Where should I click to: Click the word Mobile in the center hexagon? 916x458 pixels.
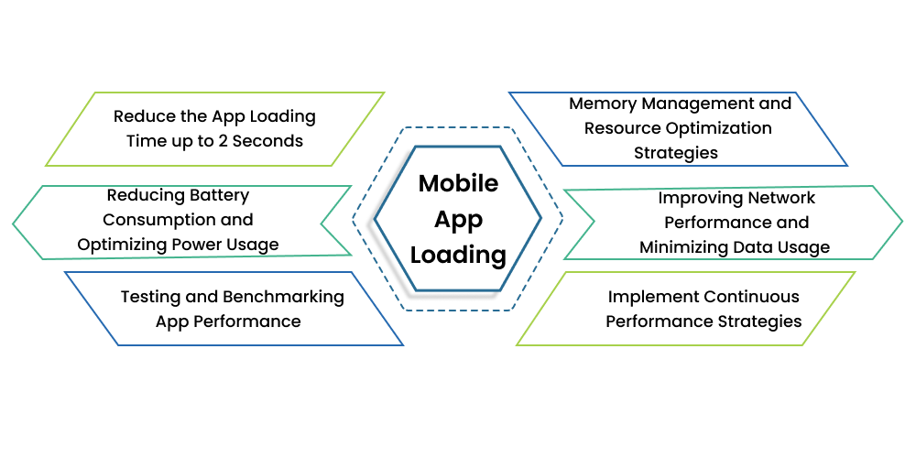point(458,183)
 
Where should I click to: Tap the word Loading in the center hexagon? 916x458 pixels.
point(458,255)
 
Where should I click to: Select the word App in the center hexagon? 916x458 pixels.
point(458,220)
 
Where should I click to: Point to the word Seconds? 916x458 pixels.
point(269,141)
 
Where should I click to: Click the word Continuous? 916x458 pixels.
point(751,297)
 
